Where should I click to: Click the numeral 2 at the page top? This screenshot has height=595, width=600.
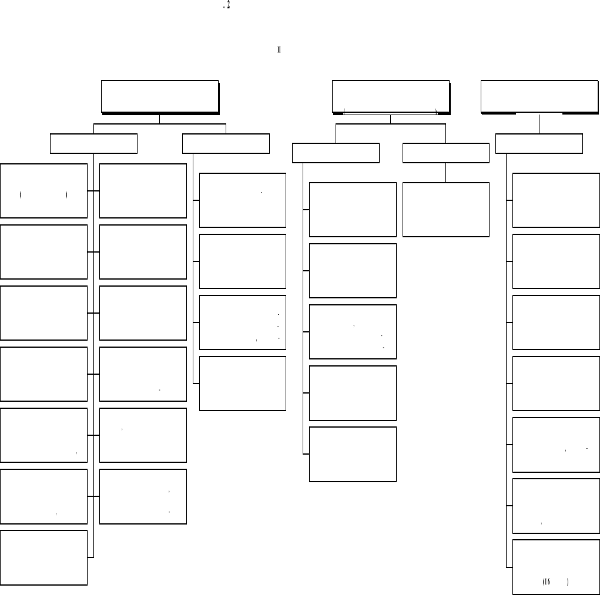click(x=228, y=7)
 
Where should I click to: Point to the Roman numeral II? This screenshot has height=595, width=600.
click(x=279, y=50)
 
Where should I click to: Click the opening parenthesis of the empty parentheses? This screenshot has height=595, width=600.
click(x=21, y=195)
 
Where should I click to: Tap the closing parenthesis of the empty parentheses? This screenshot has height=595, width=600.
click(x=68, y=195)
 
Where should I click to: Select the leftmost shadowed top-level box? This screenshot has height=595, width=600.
click(x=160, y=96)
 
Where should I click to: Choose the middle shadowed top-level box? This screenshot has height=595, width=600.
click(x=391, y=96)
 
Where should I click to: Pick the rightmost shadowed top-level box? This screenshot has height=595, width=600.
click(x=539, y=96)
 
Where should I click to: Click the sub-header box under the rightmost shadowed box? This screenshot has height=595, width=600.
click(x=539, y=144)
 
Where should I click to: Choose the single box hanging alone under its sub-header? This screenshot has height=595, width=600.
click(x=446, y=210)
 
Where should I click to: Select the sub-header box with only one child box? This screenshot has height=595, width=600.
click(x=446, y=153)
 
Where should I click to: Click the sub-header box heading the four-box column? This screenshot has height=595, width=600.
click(x=226, y=144)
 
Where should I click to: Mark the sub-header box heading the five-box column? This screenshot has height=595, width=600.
click(x=336, y=153)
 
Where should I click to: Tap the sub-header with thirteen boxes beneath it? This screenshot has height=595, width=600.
click(x=93, y=144)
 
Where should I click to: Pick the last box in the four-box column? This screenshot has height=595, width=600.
click(x=243, y=383)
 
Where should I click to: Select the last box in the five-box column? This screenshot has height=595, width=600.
click(x=353, y=454)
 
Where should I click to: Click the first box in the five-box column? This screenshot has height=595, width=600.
click(x=353, y=210)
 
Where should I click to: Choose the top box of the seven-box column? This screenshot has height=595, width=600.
click(x=556, y=200)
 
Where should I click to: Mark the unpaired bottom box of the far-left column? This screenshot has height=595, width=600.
click(x=44, y=557)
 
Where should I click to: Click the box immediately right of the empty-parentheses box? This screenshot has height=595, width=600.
click(x=143, y=191)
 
